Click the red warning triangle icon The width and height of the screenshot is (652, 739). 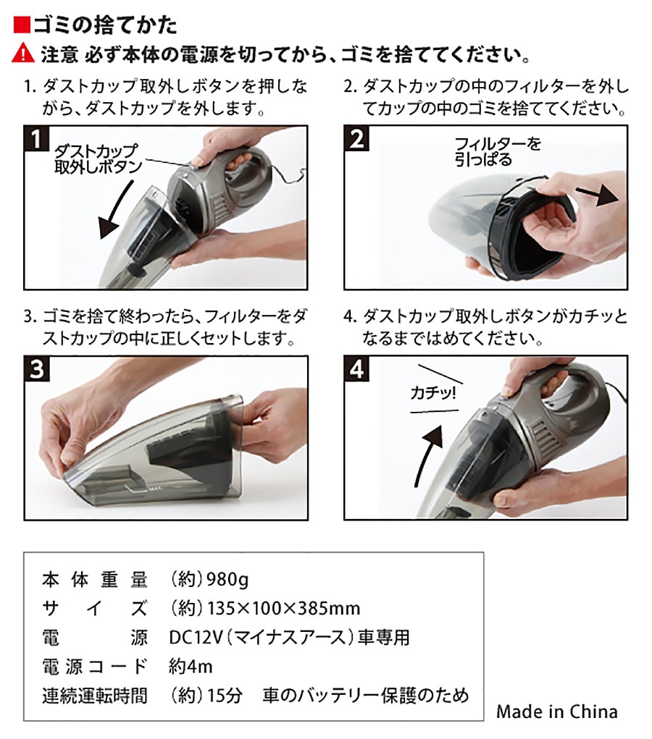tap(23, 54)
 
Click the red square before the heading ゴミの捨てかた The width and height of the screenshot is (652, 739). tap(22, 25)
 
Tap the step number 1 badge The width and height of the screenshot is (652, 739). tap(35, 138)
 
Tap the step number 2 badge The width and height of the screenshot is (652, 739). tap(356, 138)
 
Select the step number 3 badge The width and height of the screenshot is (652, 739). tap(36, 368)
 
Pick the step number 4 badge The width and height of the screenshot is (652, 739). tap(356, 368)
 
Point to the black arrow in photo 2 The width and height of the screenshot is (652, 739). tap(597, 194)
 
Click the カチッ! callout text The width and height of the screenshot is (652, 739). tap(433, 392)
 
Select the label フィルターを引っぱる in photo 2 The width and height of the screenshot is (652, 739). tap(497, 151)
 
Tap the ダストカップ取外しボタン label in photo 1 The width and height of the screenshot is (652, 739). tap(98, 159)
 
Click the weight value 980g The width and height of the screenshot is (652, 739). tap(228, 579)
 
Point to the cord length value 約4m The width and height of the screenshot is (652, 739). tap(191, 667)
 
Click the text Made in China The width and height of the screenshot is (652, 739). tap(556, 711)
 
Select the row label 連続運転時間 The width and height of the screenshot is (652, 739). tap(95, 696)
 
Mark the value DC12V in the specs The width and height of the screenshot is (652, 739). tap(196, 637)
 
